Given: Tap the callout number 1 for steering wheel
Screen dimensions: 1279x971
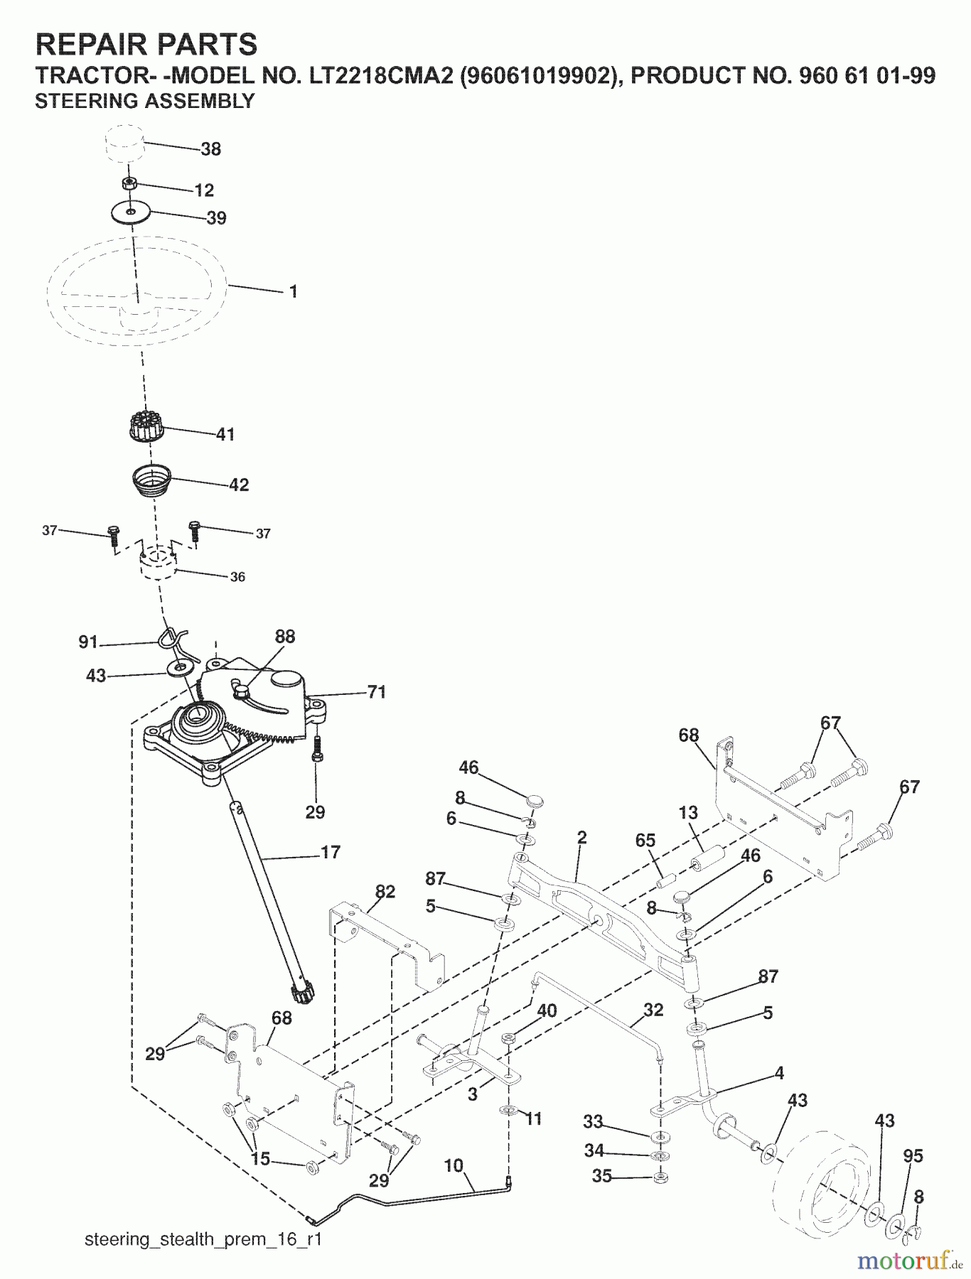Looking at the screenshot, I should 293,292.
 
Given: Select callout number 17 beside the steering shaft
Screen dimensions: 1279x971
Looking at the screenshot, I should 331,852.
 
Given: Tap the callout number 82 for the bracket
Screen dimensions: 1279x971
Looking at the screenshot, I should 385,892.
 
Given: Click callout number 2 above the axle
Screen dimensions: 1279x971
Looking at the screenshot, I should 582,838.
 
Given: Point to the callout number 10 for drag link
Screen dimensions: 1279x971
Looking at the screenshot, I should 454,1165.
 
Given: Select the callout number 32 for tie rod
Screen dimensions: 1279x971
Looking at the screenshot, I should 653,1010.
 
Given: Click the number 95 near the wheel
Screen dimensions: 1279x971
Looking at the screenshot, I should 913,1156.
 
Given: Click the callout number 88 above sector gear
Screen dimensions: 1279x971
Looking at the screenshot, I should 284,636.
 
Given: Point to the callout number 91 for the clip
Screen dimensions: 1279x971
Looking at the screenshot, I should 88,642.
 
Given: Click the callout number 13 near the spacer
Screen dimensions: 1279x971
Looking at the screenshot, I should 688,812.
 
